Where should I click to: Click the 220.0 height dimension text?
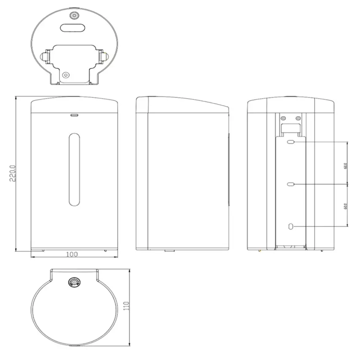(x=13, y=173)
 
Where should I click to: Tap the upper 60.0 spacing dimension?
(x=345, y=164)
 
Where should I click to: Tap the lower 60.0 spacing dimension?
(x=345, y=206)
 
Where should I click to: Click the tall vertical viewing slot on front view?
(x=74, y=169)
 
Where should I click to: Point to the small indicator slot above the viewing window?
(x=74, y=114)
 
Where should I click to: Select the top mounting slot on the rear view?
(x=291, y=143)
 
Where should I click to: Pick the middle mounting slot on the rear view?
(x=291, y=184)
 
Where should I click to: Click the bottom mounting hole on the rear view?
(x=291, y=227)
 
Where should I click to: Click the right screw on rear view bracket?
(x=298, y=118)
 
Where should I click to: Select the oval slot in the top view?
(x=72, y=28)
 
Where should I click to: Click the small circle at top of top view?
(x=75, y=16)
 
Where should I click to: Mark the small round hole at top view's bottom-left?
(x=65, y=75)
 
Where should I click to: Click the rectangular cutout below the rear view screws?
(x=291, y=128)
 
